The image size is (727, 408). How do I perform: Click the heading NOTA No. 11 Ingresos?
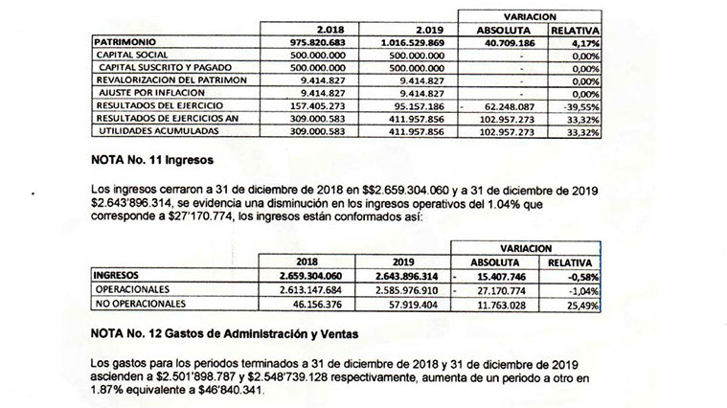[152, 163]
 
